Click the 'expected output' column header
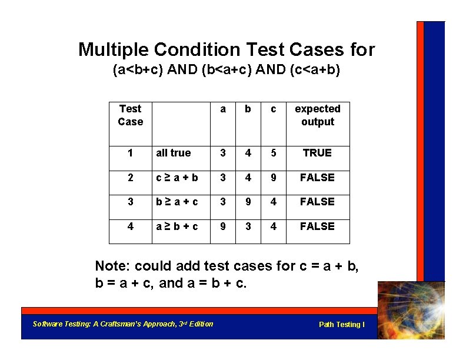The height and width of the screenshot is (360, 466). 317,115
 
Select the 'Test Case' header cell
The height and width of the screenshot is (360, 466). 130,115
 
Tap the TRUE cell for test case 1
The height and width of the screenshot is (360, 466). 317,153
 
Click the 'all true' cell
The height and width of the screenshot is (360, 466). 174,153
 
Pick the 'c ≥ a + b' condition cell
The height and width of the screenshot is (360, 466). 177,178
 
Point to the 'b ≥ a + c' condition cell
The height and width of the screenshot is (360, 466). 177,202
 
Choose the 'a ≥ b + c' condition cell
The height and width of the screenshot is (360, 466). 177,226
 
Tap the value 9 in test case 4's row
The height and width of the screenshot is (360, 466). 222,226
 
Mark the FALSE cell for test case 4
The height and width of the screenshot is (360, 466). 317,226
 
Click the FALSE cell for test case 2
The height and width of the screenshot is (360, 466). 317,178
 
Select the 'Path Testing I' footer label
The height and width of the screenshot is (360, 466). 342,325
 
